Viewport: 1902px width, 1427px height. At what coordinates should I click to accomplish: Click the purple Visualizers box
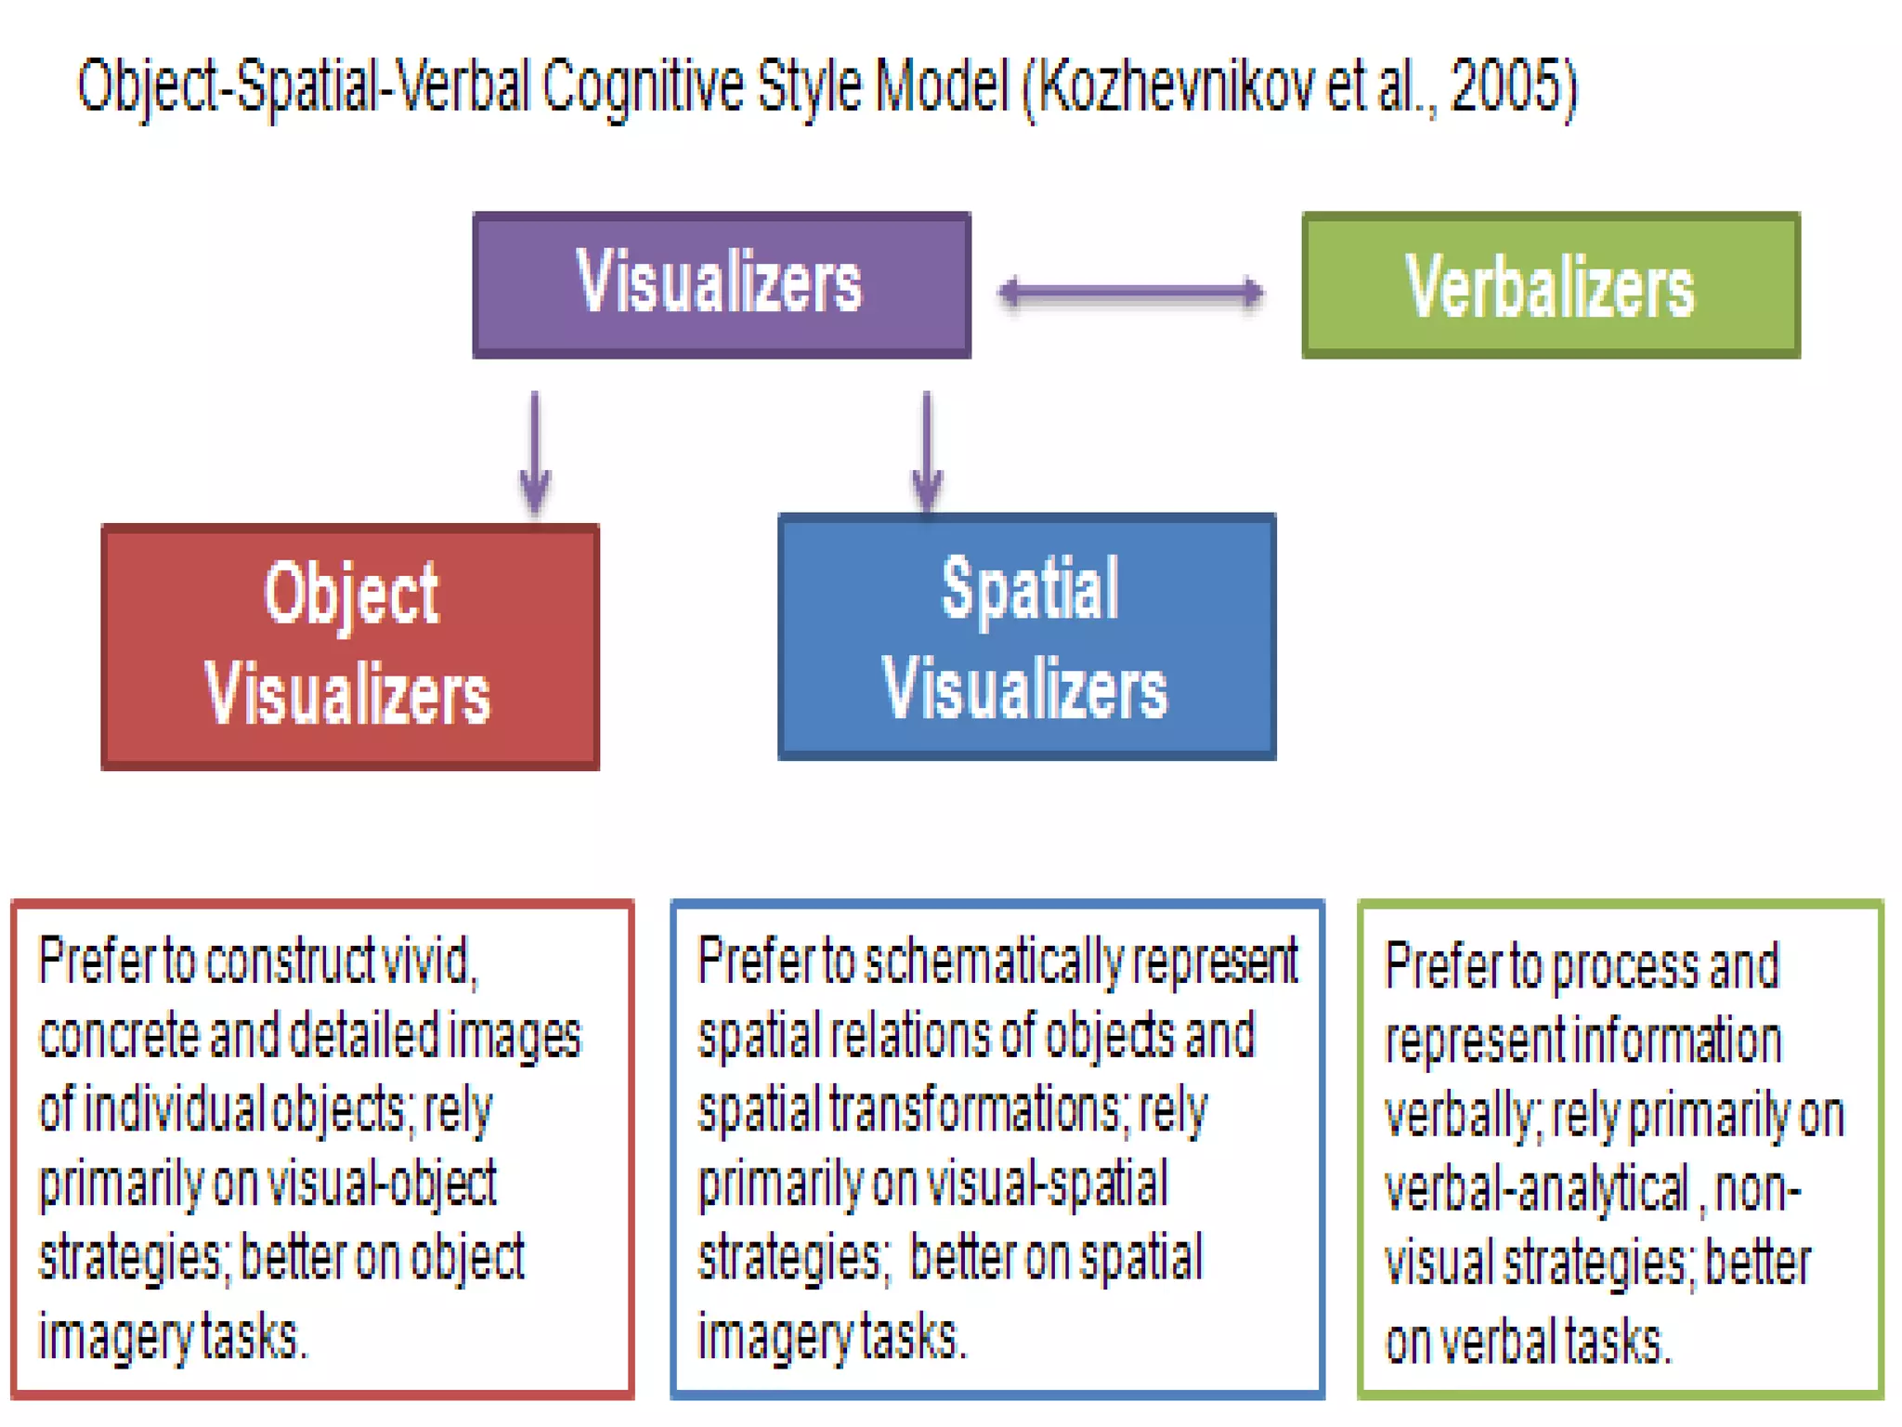pos(721,284)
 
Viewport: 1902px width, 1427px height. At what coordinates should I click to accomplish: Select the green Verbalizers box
pos(1550,285)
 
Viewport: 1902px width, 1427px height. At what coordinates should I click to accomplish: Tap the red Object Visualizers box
pos(350,647)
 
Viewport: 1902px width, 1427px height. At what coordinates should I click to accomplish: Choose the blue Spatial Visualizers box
pos(1026,637)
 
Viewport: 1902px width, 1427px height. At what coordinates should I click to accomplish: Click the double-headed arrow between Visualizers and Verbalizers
pos(1131,293)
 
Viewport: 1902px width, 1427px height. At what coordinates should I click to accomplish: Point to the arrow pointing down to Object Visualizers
pos(535,452)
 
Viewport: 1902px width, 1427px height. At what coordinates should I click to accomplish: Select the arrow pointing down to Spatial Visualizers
pos(927,452)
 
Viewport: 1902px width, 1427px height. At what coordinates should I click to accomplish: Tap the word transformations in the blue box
pos(976,1110)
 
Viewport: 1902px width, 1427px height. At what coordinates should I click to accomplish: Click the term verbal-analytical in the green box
pos(1536,1189)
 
